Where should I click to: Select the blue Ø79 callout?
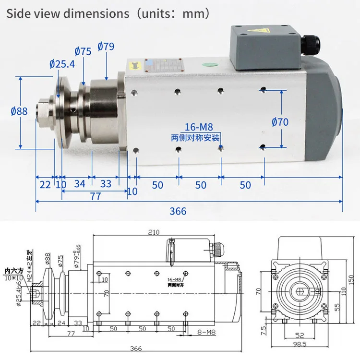pos(105,47)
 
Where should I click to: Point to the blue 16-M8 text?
pos(199,128)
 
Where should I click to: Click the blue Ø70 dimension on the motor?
pos(280,122)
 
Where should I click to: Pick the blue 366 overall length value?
pos(178,211)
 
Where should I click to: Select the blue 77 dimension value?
pos(96,196)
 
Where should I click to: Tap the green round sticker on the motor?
pos(209,66)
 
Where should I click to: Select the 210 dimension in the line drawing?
pos(153,233)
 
